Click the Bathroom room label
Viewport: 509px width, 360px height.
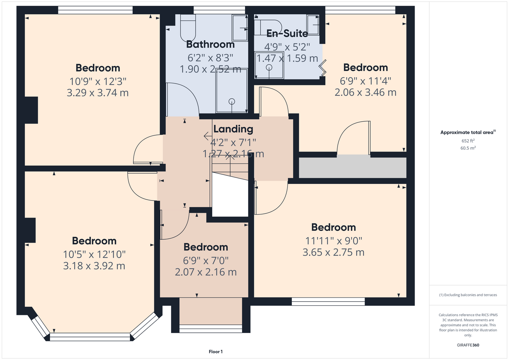pos(210,44)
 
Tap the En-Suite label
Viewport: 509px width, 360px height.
pos(287,33)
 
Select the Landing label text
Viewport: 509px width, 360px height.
pos(233,129)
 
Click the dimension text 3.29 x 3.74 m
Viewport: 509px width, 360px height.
pos(98,93)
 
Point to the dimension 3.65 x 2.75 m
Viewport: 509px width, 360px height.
pos(333,252)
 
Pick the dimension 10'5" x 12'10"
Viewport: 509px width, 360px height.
pos(94,255)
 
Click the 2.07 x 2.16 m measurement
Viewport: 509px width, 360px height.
pos(206,272)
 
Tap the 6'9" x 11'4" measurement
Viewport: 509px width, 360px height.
pos(365,81)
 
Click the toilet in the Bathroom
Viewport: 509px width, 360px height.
pos(188,28)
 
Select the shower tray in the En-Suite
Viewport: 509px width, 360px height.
pos(269,65)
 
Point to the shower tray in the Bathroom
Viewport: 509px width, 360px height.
pos(232,91)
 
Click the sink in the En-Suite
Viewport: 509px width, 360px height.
pos(313,25)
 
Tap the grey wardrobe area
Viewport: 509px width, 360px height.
pos(352,168)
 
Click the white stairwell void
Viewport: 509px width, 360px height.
pos(230,194)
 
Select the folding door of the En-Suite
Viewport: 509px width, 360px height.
pos(323,68)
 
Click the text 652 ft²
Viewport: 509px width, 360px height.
pos(468,141)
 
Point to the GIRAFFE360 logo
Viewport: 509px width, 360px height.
pos(468,345)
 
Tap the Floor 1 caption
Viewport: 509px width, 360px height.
pos(216,352)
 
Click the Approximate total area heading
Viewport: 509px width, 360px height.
pos(468,132)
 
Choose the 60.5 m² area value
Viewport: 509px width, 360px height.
pos(468,148)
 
